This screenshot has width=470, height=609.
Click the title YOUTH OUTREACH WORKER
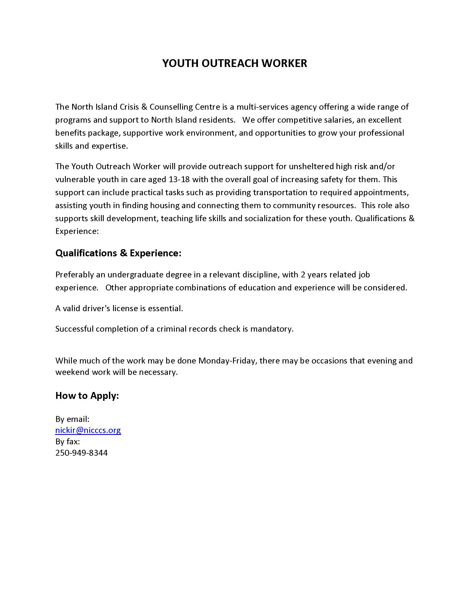click(x=234, y=63)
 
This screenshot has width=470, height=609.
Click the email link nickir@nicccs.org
click(x=88, y=430)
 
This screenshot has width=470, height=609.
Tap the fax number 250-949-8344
click(x=81, y=453)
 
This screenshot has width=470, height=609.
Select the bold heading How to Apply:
click(x=87, y=395)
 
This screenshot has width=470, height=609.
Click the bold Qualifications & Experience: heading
click(x=118, y=253)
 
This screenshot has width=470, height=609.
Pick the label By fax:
click(x=68, y=442)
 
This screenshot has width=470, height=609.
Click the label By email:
click(x=72, y=419)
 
